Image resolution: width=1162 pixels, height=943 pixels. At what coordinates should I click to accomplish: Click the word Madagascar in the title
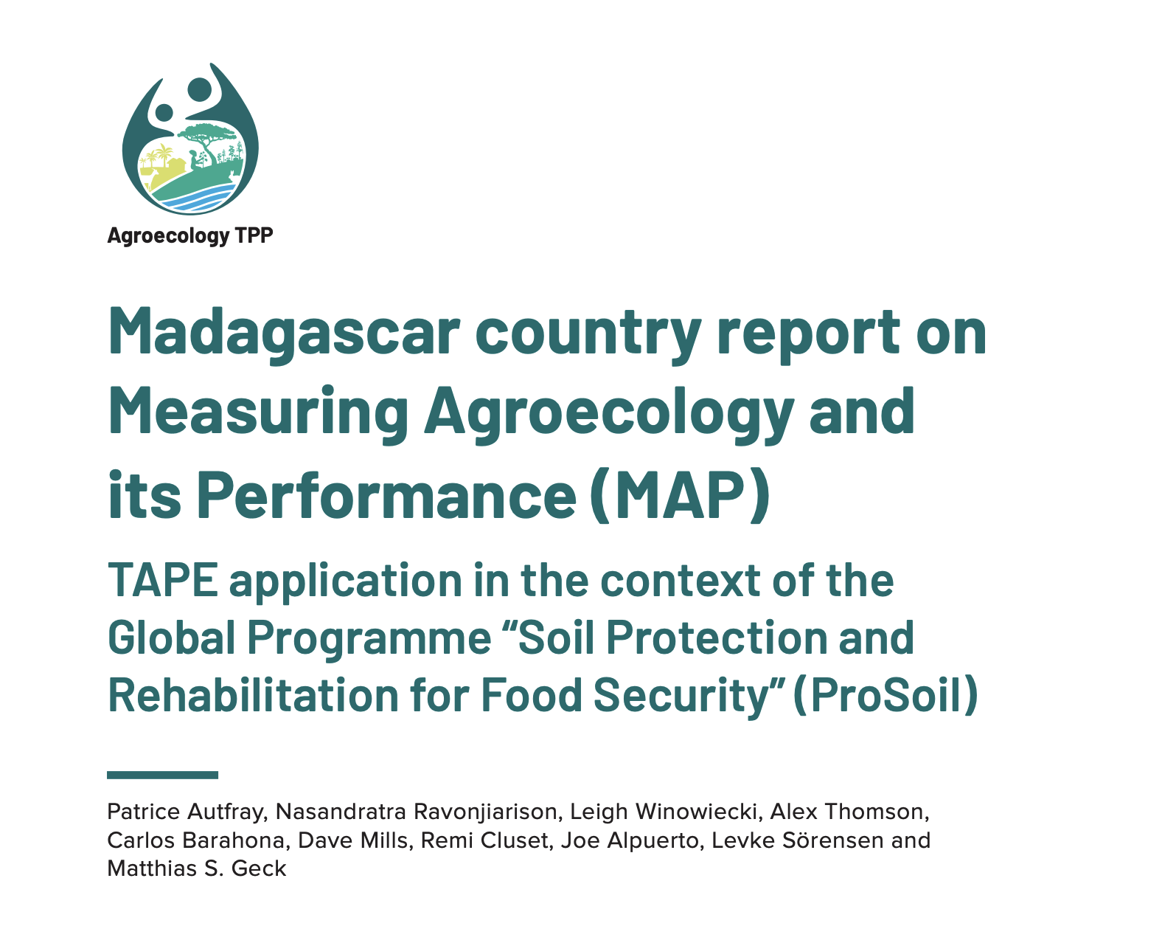point(284,332)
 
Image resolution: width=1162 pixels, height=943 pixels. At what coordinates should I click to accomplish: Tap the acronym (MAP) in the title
point(680,495)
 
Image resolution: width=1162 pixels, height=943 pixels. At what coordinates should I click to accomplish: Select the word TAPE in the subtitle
point(162,581)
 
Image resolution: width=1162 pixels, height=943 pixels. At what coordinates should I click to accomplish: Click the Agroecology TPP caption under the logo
point(189,235)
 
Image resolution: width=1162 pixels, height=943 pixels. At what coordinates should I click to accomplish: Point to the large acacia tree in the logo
point(203,140)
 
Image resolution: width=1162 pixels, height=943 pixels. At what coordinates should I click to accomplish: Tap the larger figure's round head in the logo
point(200,89)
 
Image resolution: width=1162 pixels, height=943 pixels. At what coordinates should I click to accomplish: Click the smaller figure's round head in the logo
point(164,113)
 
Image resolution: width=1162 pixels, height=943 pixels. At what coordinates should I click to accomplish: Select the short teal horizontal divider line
point(162,775)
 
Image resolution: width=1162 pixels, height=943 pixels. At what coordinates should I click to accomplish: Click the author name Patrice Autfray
point(186,812)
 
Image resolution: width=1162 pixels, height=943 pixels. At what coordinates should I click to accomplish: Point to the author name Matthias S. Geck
point(196,868)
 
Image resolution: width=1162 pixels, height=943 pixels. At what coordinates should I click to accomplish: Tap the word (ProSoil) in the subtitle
point(884,695)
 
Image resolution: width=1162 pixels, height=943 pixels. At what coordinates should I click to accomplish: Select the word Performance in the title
point(386,495)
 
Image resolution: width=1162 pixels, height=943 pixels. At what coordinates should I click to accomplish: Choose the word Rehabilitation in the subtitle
point(253,694)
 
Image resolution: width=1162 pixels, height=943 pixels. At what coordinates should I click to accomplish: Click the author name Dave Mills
point(352,840)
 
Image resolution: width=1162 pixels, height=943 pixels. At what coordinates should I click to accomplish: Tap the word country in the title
point(588,334)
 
